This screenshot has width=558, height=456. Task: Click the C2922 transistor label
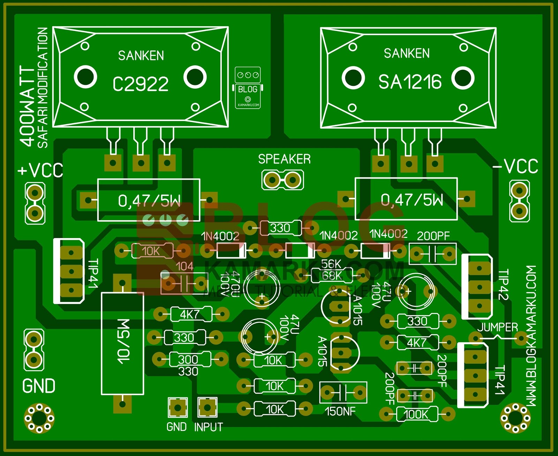pos(141,84)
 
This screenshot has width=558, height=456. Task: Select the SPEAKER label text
pos(284,159)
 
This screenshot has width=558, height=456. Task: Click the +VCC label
pos(40,170)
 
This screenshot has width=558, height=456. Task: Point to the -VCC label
pos(515,166)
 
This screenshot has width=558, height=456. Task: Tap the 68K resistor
pos(331,276)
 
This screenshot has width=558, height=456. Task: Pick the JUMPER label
pos(497,327)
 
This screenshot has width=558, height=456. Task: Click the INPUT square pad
pos(207,407)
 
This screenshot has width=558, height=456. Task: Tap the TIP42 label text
pos(503,284)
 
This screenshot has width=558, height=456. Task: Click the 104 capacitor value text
pos(184,266)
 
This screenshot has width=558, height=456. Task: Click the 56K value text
pos(331,264)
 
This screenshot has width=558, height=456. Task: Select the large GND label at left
pos(39,386)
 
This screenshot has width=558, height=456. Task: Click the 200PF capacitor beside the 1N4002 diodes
pos(432,253)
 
